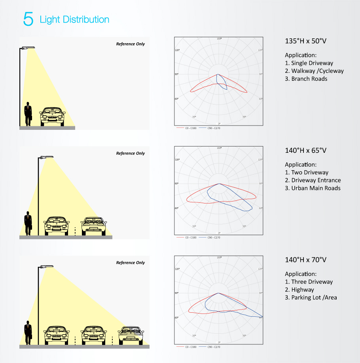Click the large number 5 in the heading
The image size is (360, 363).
tap(28, 19)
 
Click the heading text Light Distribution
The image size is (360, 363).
tap(74, 19)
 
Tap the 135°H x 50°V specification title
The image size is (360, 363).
tap(305, 41)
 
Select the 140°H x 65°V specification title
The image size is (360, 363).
tap(305, 150)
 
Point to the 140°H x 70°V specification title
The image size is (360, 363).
tap(305, 260)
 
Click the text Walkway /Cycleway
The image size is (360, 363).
tap(317, 71)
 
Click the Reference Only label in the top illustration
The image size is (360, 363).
tap(131, 44)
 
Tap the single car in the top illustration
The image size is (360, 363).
tap(53, 116)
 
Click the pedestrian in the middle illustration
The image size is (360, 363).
tap(28, 224)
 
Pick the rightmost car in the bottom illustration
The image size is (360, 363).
tap(130, 335)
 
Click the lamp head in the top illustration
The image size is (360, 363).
tap(29, 48)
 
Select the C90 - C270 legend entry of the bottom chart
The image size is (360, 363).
tap(214, 347)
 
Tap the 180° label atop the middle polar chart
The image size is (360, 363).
tap(219, 148)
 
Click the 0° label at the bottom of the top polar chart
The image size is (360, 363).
tap(219, 124)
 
